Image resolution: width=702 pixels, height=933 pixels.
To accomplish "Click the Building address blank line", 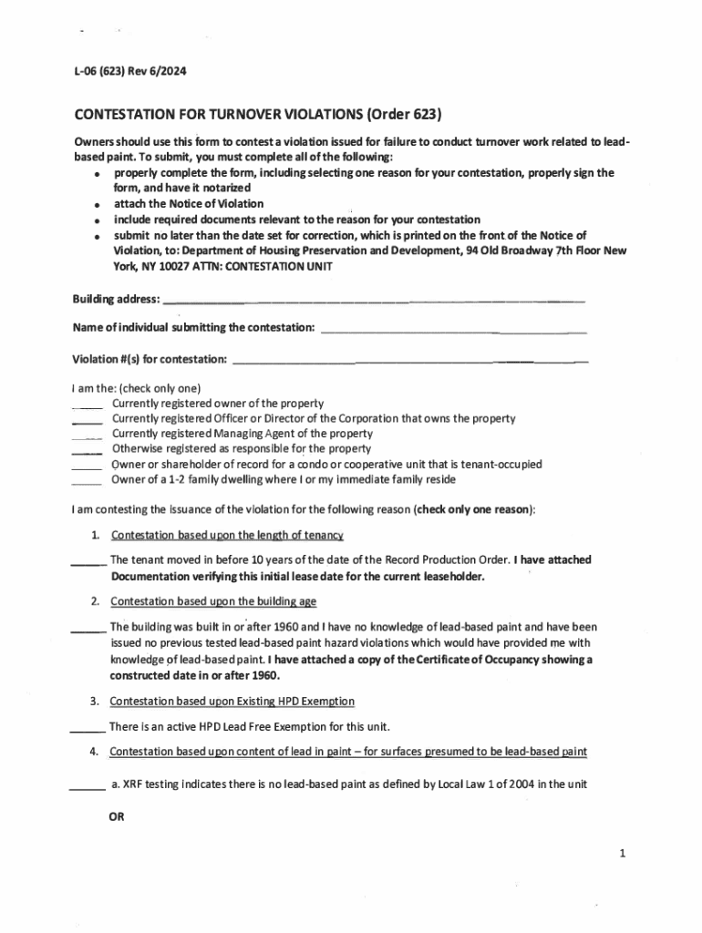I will pyautogui.click(x=373, y=300).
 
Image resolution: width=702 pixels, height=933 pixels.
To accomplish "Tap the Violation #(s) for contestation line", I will pyautogui.click(x=411, y=362).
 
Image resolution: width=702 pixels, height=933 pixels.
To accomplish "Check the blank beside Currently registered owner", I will pyautogui.click(x=88, y=406).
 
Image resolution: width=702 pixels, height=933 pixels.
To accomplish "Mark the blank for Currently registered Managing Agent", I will pyautogui.click(x=88, y=437).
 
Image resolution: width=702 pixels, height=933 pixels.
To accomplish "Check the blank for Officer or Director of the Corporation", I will pyautogui.click(x=88, y=422).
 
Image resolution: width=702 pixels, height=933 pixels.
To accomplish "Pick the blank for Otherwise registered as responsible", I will pyautogui.click(x=88, y=452).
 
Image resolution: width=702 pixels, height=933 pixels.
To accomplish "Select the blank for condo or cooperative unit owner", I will pyautogui.click(x=88, y=467).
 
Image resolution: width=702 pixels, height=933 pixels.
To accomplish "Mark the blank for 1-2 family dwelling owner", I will pyautogui.click(x=88, y=483).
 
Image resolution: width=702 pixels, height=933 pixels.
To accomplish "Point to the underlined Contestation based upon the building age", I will pyautogui.click(x=213, y=602).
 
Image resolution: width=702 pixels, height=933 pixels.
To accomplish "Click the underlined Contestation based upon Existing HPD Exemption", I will pyautogui.click(x=232, y=702).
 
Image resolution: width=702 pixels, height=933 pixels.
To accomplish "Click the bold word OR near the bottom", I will pyautogui.click(x=117, y=817).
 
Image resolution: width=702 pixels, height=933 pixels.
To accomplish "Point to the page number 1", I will pyautogui.click(x=622, y=854).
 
